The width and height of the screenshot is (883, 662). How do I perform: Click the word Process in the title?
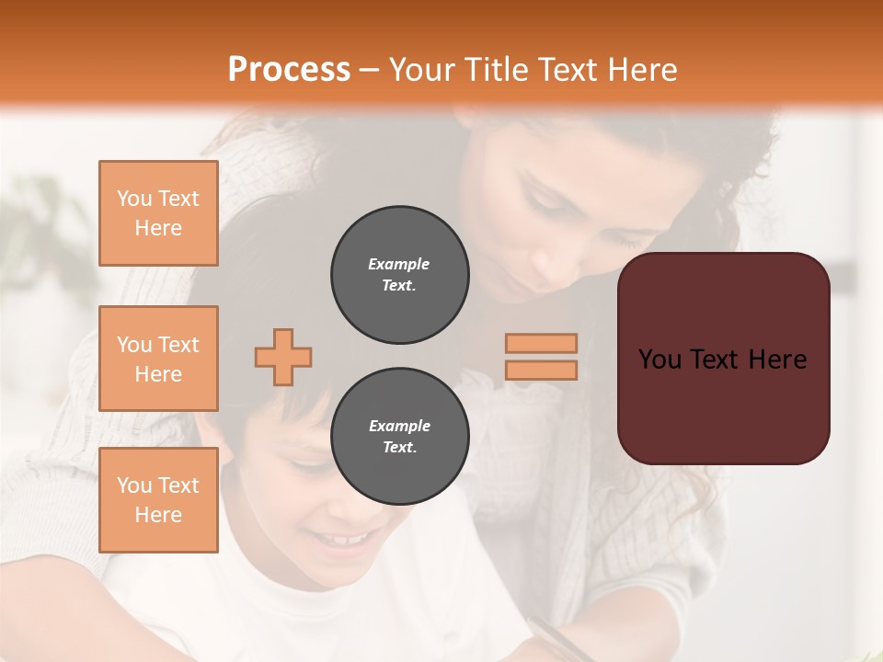click(289, 69)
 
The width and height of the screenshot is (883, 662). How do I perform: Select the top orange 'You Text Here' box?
click(158, 213)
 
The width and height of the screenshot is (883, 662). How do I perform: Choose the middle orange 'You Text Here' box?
click(158, 359)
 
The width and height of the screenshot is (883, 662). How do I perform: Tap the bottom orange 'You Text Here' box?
click(158, 500)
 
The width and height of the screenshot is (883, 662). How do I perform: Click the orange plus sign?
click(283, 357)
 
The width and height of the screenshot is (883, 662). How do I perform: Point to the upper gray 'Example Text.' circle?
click(399, 275)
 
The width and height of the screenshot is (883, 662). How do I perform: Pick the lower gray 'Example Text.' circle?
click(399, 437)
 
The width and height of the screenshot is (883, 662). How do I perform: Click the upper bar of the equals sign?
click(541, 343)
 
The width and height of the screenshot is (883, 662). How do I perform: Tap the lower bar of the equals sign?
click(541, 370)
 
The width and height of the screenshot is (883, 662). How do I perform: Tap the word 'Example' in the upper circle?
click(399, 264)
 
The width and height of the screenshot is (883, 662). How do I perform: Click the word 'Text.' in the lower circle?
click(399, 448)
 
